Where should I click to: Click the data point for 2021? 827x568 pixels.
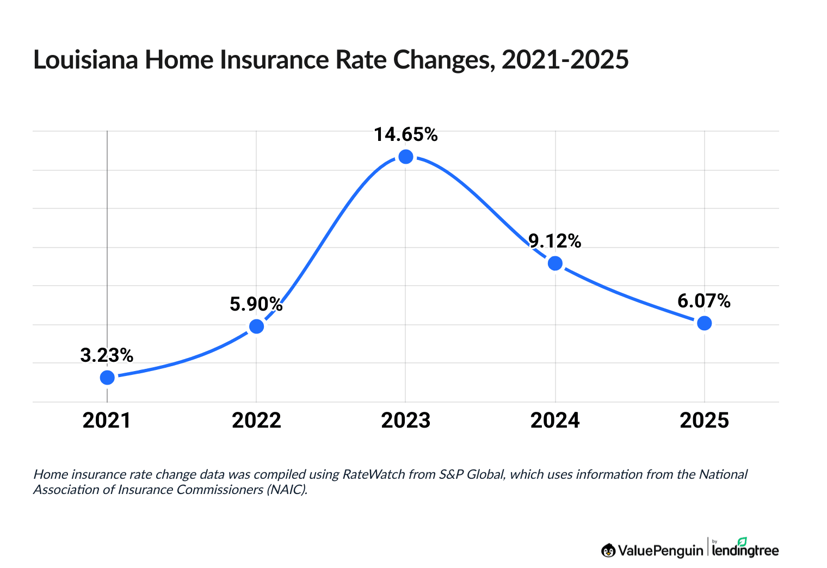(107, 378)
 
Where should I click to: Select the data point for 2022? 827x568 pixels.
(256, 326)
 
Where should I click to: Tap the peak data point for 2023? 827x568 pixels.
(406, 157)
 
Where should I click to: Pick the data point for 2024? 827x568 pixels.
(555, 263)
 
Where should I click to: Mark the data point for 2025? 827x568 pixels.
(704, 323)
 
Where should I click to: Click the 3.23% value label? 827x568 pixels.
(107, 355)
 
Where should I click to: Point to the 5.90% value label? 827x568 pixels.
(256, 304)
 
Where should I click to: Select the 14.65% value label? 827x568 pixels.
(405, 134)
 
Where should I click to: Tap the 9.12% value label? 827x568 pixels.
(555, 240)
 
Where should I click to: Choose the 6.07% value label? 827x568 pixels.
(704, 300)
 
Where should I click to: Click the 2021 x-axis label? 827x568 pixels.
(107, 421)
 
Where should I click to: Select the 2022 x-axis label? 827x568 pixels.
(256, 421)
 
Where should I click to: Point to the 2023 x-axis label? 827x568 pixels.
(406, 421)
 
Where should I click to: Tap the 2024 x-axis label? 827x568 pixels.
(555, 421)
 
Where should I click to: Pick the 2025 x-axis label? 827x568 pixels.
(704, 421)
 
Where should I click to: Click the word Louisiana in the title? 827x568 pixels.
(85, 60)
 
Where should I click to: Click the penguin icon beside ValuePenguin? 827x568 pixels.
(608, 551)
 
